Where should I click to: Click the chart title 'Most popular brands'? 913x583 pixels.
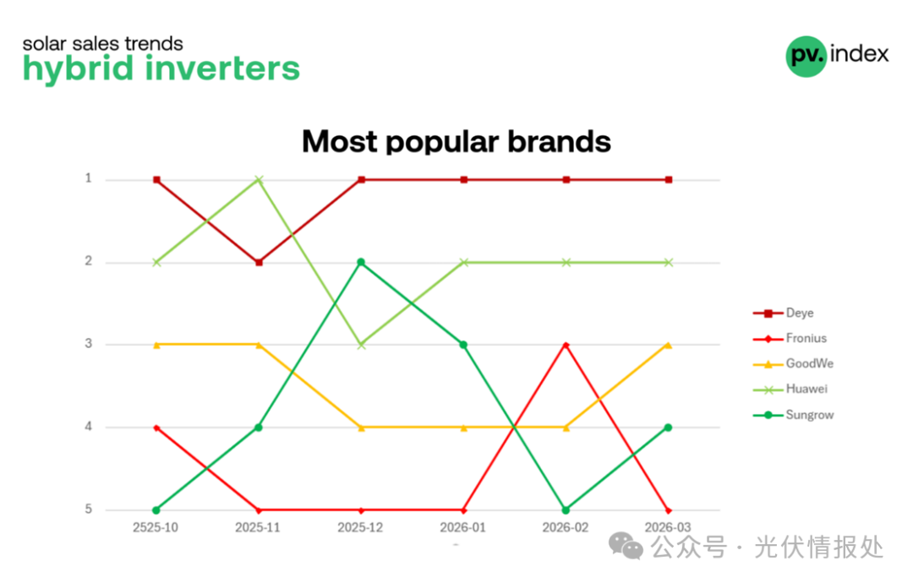click(456, 141)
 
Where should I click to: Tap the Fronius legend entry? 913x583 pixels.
click(790, 338)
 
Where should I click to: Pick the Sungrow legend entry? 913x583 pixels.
click(793, 415)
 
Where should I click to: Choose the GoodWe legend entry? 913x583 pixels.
click(793, 363)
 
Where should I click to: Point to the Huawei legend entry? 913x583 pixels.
click(790, 390)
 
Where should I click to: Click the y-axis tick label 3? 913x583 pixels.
click(89, 344)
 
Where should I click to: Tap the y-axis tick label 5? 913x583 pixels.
click(89, 509)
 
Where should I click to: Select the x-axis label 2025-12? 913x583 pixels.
click(360, 528)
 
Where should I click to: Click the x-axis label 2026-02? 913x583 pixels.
click(566, 528)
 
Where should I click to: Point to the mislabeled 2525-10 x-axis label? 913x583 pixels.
click(156, 528)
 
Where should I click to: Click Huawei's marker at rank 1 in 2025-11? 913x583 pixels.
click(260, 180)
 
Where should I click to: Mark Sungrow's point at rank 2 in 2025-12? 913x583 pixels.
click(361, 263)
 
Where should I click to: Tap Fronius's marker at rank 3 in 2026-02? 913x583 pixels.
click(566, 345)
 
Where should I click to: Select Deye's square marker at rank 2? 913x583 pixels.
click(260, 263)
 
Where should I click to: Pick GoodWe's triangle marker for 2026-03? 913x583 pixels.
click(669, 345)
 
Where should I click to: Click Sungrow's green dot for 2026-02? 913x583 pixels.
click(566, 510)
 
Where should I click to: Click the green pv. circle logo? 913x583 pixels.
click(806, 56)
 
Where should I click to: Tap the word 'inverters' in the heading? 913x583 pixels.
click(222, 68)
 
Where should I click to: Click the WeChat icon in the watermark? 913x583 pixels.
click(626, 547)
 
